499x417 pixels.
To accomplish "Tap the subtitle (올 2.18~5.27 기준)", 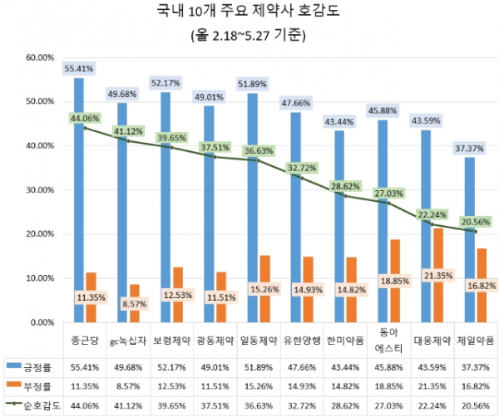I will click(249, 35).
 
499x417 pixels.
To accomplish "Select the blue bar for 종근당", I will click(79, 199).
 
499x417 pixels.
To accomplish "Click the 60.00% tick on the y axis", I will click(40, 58).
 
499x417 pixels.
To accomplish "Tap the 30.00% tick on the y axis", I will click(40, 190).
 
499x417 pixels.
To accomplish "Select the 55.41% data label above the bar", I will click(79, 67).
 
